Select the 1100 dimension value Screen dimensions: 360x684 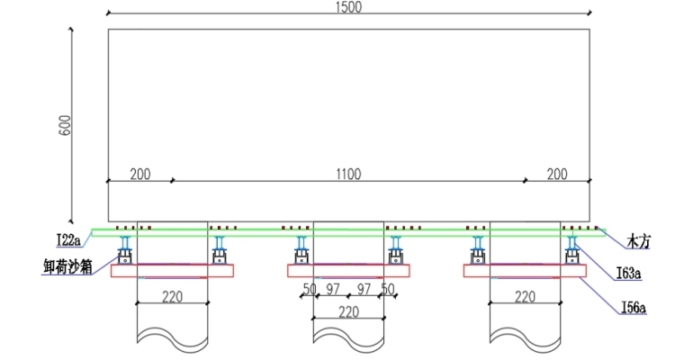pos(348,175)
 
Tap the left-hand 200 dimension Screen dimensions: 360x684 pos(139,175)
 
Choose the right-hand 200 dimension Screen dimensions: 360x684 pos(556,175)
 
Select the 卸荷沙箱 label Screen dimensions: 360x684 pos(67,266)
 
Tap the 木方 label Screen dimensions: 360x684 pos(640,240)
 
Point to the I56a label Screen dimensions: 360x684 pos(634,308)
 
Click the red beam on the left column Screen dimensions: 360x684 pos(172,271)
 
